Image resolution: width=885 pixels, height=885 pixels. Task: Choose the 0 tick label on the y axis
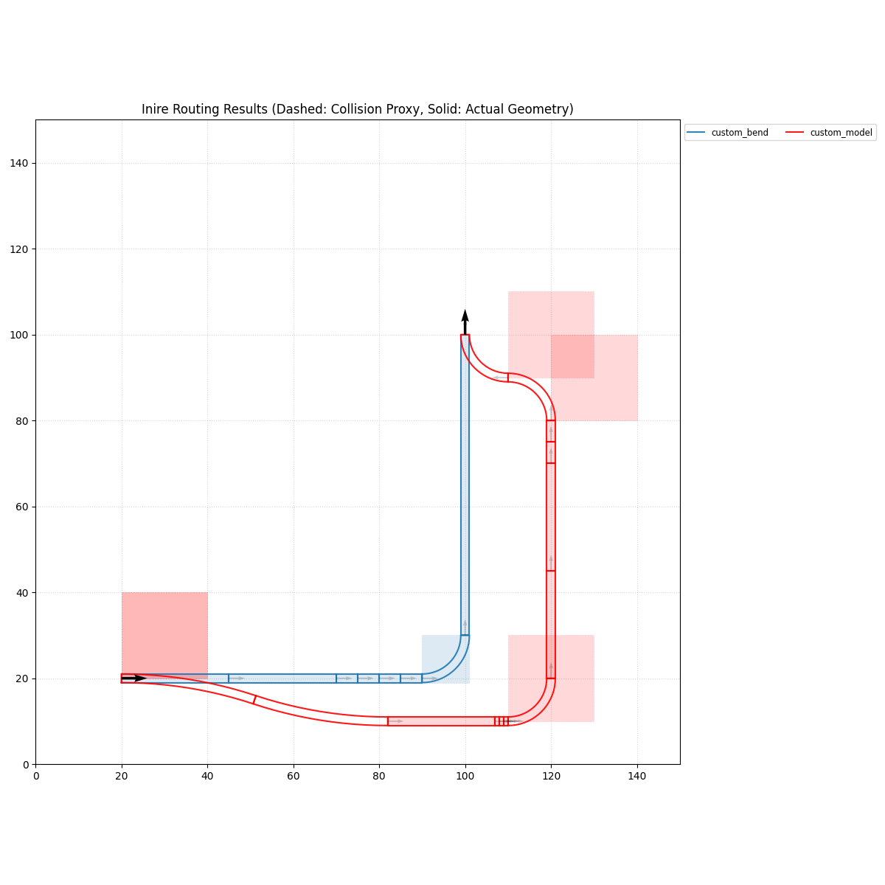(x=25, y=765)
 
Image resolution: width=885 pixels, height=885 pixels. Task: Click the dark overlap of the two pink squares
(x=572, y=356)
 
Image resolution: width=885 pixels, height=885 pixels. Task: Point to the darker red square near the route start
(x=164, y=634)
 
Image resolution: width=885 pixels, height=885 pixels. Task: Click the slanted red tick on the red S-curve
(x=254, y=699)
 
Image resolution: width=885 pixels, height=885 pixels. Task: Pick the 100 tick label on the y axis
(x=20, y=335)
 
